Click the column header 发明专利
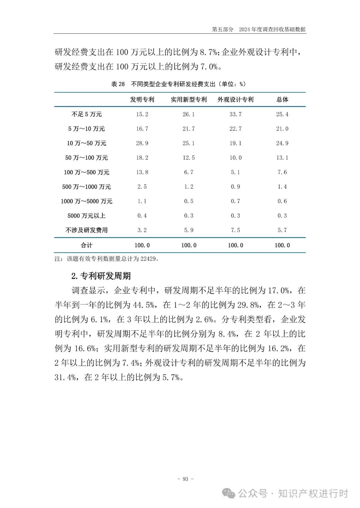[142, 99]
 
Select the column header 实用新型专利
[189, 99]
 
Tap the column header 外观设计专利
[235, 99]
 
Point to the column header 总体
[282, 99]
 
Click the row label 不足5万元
[87, 114]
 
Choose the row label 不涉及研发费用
[87, 230]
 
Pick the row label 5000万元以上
[87, 216]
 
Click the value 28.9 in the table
[142, 143]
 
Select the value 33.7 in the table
[235, 114]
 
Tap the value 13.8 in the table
[142, 172]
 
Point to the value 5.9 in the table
[189, 230]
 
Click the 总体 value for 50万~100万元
[282, 158]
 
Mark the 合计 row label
[87, 245]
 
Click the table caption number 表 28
[118, 84]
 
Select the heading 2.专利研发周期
[101, 276]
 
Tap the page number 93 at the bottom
[185, 479]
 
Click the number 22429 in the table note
[148, 259]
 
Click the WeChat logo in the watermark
[229, 493]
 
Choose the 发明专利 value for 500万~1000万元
[142, 187]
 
